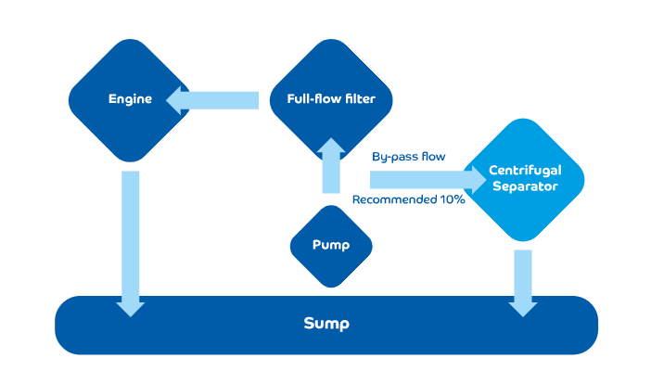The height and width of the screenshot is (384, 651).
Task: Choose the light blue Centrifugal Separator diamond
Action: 523,180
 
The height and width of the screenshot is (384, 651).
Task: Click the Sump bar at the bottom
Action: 326,325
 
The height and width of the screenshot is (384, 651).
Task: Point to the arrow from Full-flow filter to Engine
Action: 212,99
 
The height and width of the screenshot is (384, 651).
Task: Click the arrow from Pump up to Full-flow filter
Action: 331,164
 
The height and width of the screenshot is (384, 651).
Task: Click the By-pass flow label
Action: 408,157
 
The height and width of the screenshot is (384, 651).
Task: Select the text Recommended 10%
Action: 408,199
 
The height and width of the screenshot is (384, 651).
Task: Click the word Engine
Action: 130,99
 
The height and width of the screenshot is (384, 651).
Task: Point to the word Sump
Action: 326,324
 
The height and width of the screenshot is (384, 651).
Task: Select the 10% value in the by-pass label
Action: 451,199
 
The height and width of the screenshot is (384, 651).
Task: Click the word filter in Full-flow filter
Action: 357,99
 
